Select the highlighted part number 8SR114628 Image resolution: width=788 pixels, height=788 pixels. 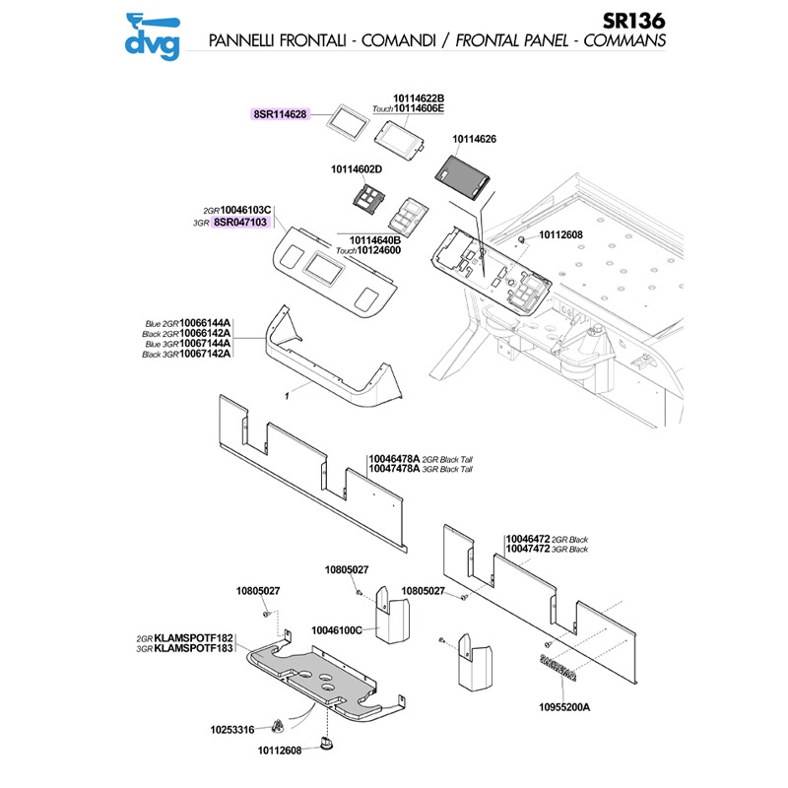[x=281, y=114]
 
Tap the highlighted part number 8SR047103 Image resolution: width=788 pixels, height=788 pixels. [x=241, y=223]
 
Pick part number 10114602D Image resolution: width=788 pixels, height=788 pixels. [x=357, y=169]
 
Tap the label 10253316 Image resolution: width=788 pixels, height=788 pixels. [x=231, y=730]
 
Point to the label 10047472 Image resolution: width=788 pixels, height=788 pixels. [x=529, y=549]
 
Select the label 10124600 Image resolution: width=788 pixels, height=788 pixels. [x=381, y=250]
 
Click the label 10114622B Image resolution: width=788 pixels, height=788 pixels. [x=419, y=98]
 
